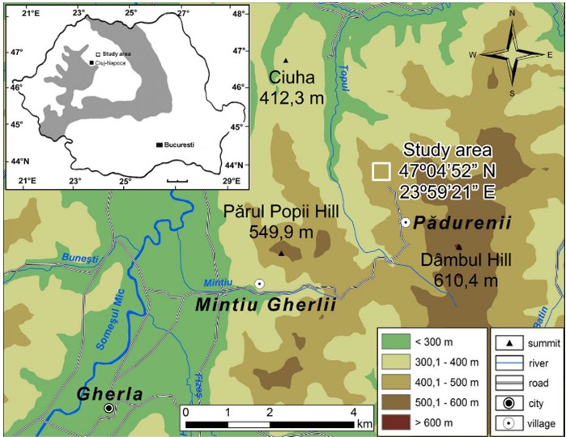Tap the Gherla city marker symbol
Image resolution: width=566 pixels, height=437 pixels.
109,409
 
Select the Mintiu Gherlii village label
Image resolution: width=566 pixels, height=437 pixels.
253,307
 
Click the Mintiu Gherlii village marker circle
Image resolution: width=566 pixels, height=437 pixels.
259,284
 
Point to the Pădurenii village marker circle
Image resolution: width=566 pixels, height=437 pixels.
405,222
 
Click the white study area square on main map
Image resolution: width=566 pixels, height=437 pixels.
381,171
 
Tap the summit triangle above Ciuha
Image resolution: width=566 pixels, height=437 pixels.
287,60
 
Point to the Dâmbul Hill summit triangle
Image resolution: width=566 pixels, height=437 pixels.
458,247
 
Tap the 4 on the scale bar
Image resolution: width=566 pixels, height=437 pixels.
352,413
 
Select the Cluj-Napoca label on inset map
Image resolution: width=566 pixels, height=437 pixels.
113,62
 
